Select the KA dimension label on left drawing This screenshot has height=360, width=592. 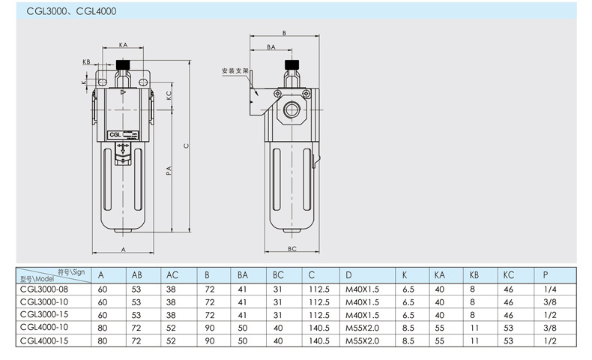122,46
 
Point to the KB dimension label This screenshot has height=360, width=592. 86,61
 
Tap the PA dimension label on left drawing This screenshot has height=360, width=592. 169,172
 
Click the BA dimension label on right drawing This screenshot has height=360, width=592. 271,46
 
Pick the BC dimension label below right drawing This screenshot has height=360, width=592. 292,248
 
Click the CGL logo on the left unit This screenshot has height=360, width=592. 116,135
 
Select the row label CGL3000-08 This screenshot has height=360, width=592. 46,289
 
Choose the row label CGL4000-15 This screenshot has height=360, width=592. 46,340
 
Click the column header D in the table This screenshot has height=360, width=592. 348,274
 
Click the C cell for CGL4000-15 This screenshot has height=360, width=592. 319,340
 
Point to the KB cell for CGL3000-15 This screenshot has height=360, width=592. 473,314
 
